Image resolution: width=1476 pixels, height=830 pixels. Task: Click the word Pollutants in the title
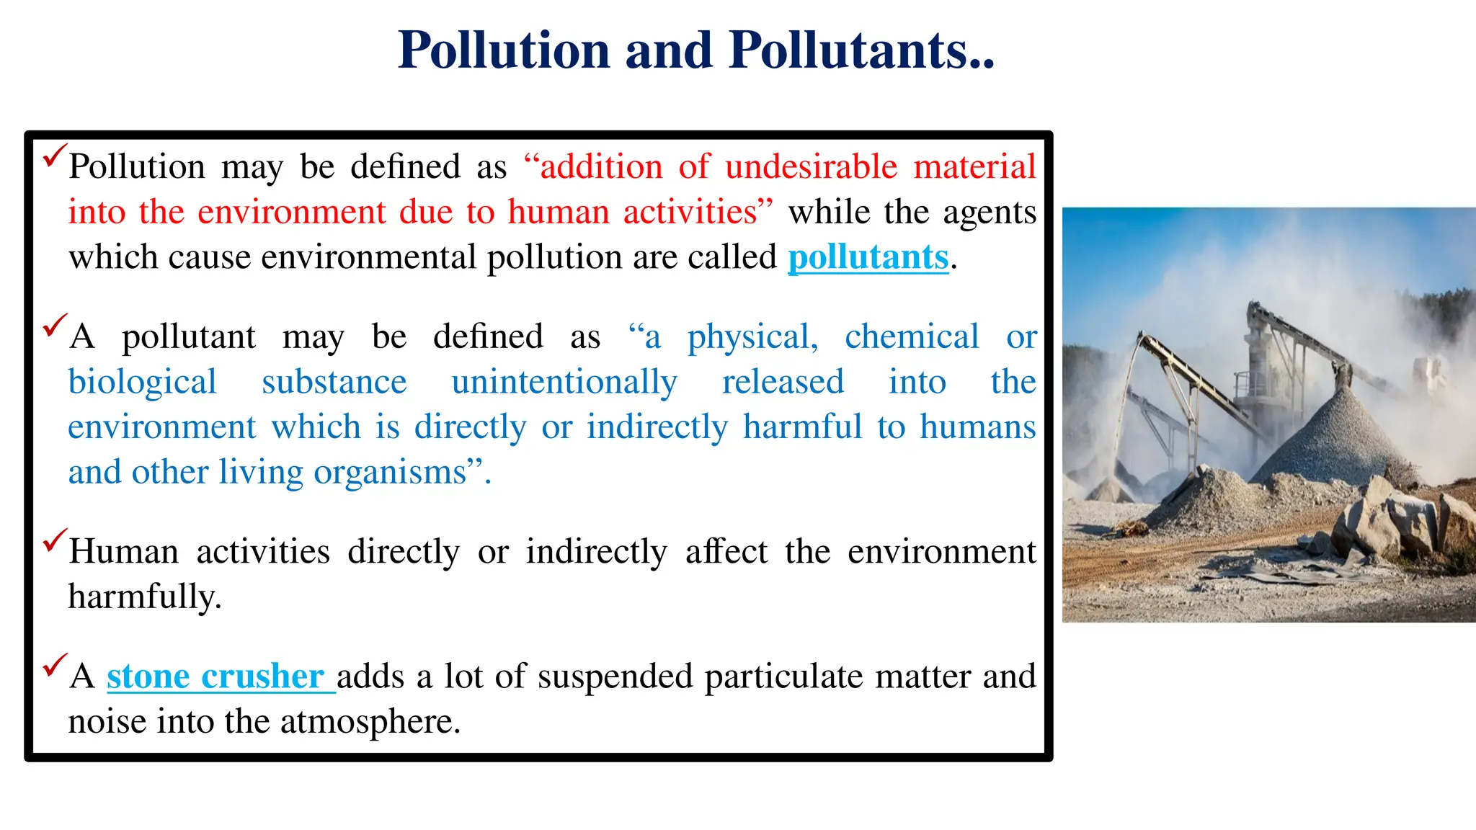tap(861, 50)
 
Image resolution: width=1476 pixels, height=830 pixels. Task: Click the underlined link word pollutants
tap(868, 257)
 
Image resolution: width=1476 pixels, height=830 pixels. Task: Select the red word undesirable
tap(811, 167)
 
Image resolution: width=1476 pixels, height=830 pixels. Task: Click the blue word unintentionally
tap(564, 382)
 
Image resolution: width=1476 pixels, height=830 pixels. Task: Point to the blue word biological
tap(142, 382)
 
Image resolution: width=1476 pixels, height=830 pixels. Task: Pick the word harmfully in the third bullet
tap(144, 597)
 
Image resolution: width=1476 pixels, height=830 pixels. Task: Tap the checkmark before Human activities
tap(55, 540)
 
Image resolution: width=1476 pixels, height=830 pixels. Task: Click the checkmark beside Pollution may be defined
tap(55, 156)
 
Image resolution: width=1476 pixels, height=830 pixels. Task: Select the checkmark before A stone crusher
tap(55, 665)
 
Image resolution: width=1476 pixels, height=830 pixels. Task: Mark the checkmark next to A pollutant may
tap(55, 326)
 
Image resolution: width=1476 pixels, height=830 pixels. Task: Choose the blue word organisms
tap(390, 473)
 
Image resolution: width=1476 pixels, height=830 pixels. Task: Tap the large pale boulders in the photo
tap(1391, 519)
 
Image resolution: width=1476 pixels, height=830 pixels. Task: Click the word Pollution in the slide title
tap(504, 50)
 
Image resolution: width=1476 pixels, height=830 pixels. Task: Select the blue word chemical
tap(912, 337)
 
